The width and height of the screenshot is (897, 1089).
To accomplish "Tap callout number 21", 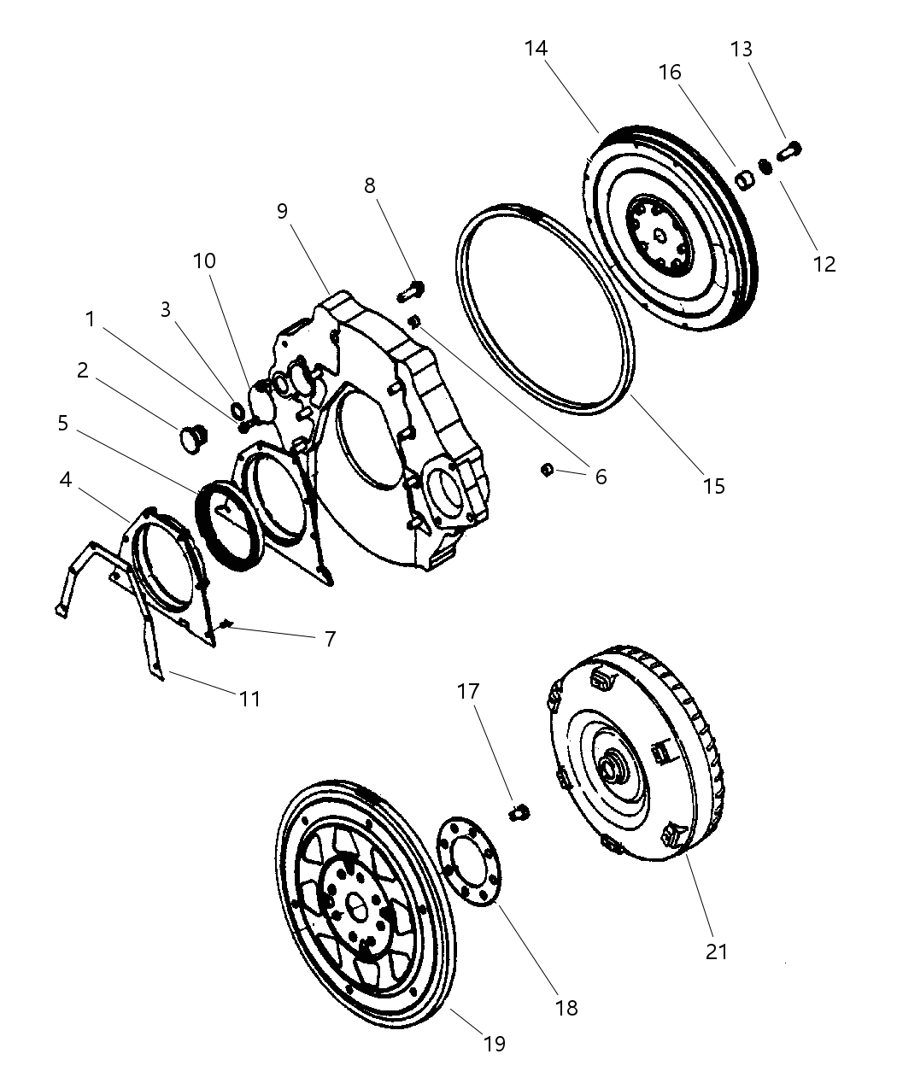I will tap(716, 951).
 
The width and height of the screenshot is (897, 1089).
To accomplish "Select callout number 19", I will tap(494, 1043).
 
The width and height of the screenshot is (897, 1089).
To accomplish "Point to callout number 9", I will tap(283, 211).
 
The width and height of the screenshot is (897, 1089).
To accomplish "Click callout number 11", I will tap(249, 699).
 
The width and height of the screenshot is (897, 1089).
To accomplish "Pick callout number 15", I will tap(713, 486).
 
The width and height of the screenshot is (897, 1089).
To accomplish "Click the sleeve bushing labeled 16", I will tap(746, 180).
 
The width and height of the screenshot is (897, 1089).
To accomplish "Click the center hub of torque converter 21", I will tap(613, 768).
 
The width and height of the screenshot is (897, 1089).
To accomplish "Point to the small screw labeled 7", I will tap(226, 624).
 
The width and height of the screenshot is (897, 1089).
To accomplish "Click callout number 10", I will tap(204, 261).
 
